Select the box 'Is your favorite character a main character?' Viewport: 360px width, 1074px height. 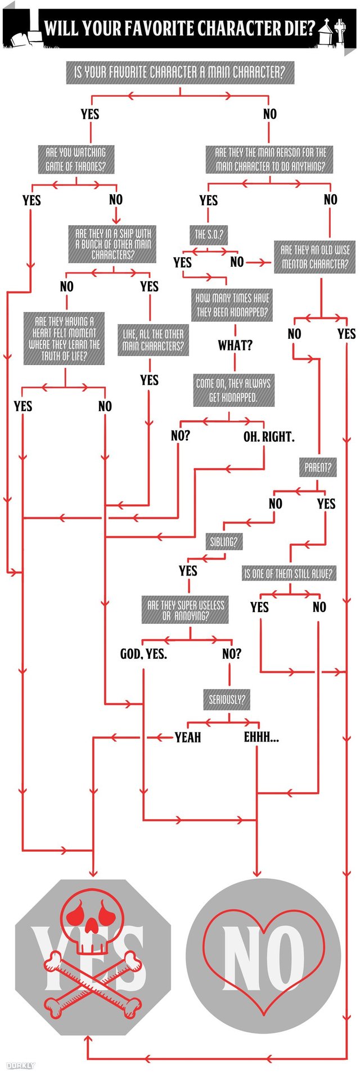180,73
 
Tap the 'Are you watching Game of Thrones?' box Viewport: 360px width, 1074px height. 75,159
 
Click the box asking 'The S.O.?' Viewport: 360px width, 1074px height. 208,235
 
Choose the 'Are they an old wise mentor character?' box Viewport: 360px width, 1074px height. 315,257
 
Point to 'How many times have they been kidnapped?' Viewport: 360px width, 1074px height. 233,305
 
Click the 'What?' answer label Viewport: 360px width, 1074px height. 235,345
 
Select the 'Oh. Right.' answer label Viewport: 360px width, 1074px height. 269,437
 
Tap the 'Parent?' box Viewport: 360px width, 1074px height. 318,467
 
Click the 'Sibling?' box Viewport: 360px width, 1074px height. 223,542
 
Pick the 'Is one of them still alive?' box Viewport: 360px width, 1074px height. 289,574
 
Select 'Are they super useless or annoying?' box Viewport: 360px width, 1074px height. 186,610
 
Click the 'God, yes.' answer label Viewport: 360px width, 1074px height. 143,654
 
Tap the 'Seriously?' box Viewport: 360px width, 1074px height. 227,700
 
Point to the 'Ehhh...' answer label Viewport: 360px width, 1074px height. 261,738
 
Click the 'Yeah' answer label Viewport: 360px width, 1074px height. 188,738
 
